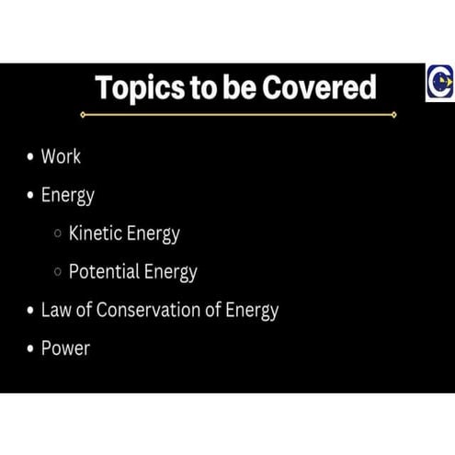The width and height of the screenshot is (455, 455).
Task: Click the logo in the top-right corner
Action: [x=438, y=85]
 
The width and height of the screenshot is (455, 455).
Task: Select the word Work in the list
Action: [x=61, y=157]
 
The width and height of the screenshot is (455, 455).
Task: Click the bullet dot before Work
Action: [x=29, y=157]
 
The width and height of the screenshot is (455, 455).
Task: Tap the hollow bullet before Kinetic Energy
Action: [x=59, y=234]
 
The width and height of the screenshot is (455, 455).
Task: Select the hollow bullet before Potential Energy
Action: [x=59, y=272]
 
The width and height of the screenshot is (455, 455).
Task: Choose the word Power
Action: [x=65, y=348]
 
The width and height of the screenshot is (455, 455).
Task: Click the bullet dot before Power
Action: [x=29, y=349]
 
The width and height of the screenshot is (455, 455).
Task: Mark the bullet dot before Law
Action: [x=29, y=311]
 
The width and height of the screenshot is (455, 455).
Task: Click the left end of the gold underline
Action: [x=83, y=115]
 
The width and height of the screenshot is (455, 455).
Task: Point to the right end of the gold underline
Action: [x=394, y=115]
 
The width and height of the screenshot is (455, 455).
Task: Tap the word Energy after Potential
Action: [x=170, y=273]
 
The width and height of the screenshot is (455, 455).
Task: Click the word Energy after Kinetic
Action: [x=153, y=234]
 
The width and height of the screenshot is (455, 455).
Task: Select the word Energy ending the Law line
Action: [x=252, y=311]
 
